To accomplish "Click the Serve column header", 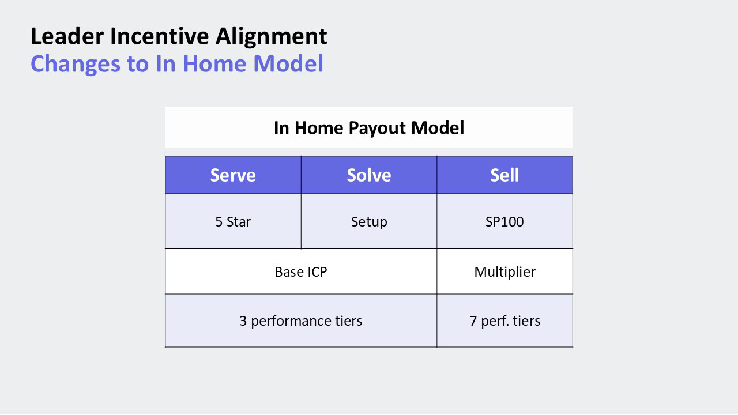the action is pos(233,175).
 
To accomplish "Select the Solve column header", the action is pos(369,175).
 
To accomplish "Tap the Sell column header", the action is pos(504,175).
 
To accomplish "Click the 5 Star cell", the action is pos(233,221).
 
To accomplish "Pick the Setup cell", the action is pos(369,221).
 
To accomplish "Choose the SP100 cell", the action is pos(504,221).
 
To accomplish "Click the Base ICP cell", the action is pos(301,271).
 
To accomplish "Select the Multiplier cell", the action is pos(504,271).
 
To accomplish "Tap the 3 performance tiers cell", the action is pos(301,320).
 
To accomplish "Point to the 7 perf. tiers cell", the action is pos(504,320).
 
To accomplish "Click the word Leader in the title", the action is pos(67,36).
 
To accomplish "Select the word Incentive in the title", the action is pos(160,36).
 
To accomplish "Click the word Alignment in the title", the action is pos(271,37).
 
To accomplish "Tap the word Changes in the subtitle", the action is pos(76,65).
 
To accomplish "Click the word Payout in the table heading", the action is pos(376,129).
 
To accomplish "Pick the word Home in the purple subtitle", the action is pos(214,63).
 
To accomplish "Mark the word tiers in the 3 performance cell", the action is pos(349,320).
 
